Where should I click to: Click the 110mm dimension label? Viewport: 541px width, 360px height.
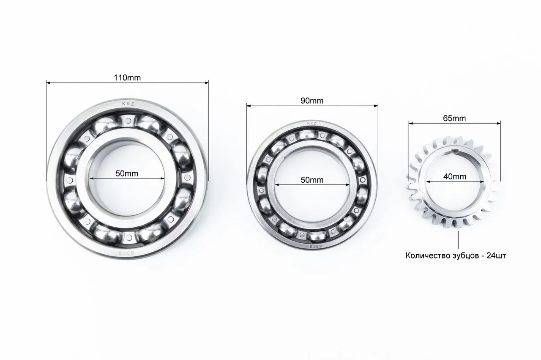click(x=127, y=77)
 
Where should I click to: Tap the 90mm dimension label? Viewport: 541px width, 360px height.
click(x=312, y=101)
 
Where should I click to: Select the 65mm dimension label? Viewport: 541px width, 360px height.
click(x=454, y=118)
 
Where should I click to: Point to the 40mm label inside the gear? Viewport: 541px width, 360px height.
click(x=455, y=176)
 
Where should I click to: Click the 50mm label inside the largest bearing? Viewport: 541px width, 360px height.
click(x=127, y=173)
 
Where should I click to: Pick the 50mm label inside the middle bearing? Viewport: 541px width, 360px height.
click(x=312, y=180)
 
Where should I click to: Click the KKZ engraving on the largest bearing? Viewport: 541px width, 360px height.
click(x=128, y=104)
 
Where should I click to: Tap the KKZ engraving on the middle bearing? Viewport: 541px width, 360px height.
click(x=311, y=124)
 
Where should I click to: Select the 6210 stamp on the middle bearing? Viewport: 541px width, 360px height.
click(x=316, y=246)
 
